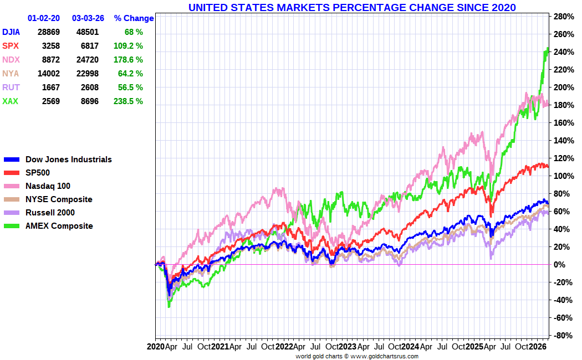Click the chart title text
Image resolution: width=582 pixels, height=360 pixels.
(x=352, y=7)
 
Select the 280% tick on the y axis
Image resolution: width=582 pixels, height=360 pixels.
(x=562, y=17)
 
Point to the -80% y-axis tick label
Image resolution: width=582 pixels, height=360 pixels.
(x=562, y=336)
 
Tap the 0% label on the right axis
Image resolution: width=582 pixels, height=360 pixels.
(x=560, y=265)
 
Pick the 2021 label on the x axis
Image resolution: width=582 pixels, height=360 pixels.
(x=219, y=347)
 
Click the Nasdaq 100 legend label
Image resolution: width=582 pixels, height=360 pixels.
(x=48, y=186)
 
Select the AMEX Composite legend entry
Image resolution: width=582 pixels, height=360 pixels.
(x=59, y=226)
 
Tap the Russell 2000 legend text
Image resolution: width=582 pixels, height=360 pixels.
(x=50, y=213)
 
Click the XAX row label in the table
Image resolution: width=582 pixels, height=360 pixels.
(x=10, y=101)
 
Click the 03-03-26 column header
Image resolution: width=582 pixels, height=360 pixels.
(x=88, y=18)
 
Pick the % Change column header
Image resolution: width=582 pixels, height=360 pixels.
(x=134, y=18)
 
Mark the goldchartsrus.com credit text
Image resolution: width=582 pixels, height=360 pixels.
(x=356, y=356)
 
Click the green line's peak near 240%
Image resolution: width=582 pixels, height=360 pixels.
(x=548, y=49)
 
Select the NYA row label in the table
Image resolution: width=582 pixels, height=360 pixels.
(x=11, y=74)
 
